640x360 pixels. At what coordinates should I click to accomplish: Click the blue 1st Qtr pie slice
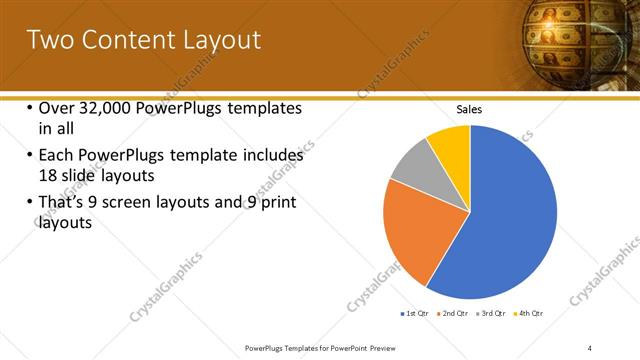(500, 220)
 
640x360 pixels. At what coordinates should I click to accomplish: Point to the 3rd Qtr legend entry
(492, 314)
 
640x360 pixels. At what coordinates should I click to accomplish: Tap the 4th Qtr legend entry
(530, 314)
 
